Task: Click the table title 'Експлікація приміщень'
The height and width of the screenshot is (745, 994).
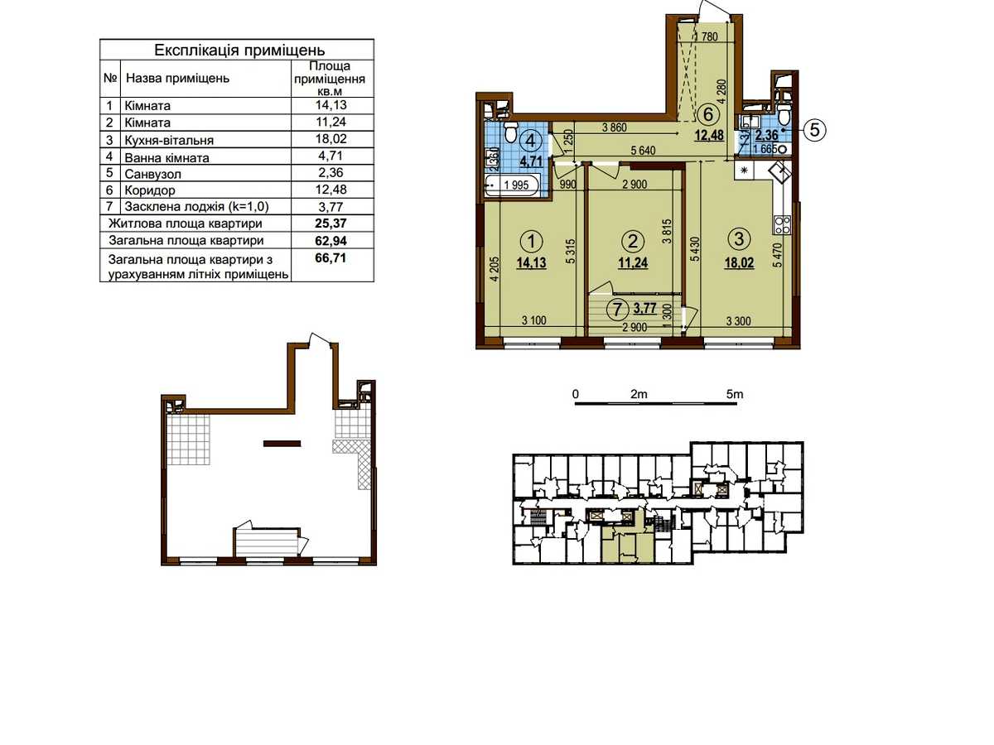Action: (x=239, y=50)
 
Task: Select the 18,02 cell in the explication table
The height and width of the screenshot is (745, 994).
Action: (x=331, y=139)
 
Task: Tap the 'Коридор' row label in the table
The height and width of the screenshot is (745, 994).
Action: (x=150, y=190)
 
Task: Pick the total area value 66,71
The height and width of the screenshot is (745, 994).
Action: (x=331, y=258)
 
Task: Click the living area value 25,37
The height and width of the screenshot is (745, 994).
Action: (x=331, y=223)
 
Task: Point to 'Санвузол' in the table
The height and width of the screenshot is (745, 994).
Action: (x=153, y=174)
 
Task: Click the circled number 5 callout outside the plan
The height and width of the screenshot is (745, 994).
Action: (x=814, y=130)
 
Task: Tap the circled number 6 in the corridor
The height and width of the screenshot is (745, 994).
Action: (x=707, y=114)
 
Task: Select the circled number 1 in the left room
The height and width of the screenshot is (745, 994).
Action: (x=532, y=241)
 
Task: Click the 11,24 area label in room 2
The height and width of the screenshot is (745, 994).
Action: (x=633, y=262)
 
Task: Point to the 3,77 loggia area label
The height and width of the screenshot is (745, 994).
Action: (x=644, y=309)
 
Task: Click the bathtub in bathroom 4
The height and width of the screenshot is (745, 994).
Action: (x=512, y=185)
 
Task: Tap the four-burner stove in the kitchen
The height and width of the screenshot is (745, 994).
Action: (x=782, y=225)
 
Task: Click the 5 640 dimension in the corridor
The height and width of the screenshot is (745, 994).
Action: (x=643, y=151)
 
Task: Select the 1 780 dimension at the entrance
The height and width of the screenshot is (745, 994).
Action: (x=706, y=36)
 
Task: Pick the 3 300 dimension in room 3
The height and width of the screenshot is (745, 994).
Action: (x=739, y=321)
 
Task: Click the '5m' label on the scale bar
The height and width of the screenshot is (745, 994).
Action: (x=735, y=395)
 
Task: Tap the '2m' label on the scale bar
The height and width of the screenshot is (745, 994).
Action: (x=639, y=395)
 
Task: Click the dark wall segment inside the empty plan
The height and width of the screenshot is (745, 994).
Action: (x=282, y=444)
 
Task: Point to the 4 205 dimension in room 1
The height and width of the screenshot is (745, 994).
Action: (x=495, y=270)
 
